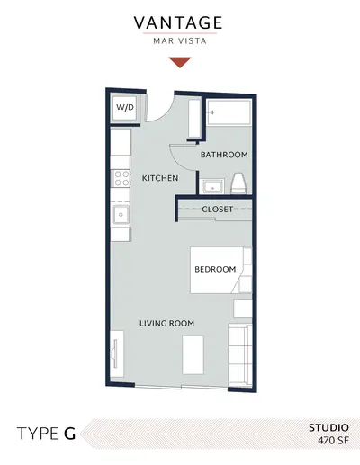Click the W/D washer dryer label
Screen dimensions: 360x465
[x=125, y=107]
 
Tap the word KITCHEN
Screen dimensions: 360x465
[x=160, y=178]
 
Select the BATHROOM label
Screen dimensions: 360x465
[x=224, y=155]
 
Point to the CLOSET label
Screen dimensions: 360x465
[x=217, y=209]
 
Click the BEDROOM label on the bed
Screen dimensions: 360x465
[x=215, y=269]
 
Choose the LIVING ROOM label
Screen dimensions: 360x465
[x=166, y=323]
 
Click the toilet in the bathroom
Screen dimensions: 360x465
[x=238, y=183]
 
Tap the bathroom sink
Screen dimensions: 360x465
[x=213, y=186]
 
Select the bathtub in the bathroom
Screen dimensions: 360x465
[x=229, y=112]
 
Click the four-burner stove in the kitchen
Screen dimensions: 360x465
[x=121, y=178]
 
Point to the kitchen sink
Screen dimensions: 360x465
[x=121, y=215]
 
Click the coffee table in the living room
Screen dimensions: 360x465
[x=193, y=355]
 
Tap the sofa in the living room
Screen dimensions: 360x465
[x=240, y=354]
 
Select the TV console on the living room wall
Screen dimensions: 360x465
[x=117, y=354]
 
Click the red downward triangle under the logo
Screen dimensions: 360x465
[x=180, y=62]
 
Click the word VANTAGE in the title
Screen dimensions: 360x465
[x=178, y=22]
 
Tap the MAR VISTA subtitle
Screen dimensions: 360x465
[x=180, y=40]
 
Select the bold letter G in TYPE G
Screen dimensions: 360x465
[x=69, y=434]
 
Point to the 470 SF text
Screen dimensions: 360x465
[x=334, y=441]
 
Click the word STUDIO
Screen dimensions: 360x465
[x=328, y=427]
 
